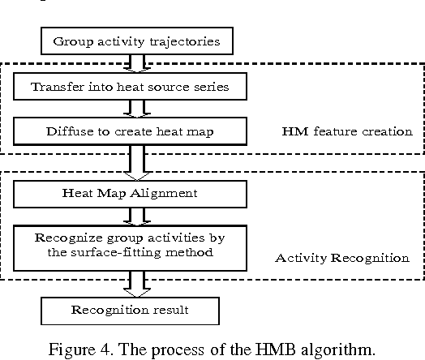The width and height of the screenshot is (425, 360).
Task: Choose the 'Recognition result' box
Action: [131, 309]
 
